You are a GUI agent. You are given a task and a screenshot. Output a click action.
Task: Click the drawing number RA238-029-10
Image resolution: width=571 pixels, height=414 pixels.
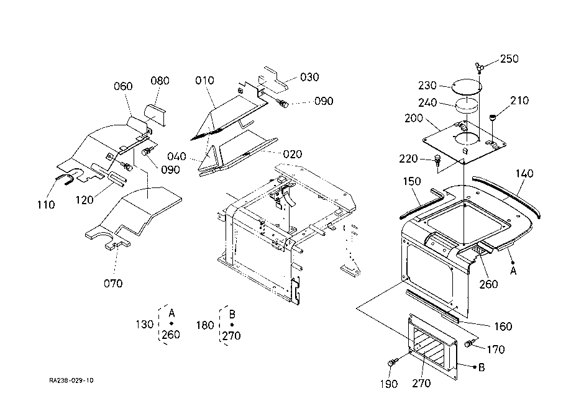point(71,380)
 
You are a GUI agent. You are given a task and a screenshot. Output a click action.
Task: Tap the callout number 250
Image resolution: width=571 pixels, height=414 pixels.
point(509,58)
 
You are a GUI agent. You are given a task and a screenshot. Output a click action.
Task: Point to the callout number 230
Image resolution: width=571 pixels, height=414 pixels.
point(427,86)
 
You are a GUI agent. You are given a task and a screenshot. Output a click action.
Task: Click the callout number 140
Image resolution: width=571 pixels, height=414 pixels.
point(524,174)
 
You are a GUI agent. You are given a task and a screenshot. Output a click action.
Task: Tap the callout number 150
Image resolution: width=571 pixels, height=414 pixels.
point(412,181)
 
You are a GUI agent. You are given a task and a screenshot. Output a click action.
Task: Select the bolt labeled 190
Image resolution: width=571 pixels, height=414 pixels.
point(393,362)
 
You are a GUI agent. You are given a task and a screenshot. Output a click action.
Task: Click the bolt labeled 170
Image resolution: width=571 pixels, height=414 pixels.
point(469,343)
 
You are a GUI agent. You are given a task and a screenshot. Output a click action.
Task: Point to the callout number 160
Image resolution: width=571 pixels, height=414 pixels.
point(503,326)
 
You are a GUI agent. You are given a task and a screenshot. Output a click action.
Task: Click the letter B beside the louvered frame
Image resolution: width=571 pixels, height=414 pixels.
point(482,367)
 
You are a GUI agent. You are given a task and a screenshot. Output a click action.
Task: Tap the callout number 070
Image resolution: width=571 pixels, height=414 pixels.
point(113,284)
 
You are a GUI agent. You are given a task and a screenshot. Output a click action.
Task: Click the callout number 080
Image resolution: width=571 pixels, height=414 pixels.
point(160,81)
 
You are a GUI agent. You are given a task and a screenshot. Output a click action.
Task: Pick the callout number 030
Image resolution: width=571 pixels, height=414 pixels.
point(309,77)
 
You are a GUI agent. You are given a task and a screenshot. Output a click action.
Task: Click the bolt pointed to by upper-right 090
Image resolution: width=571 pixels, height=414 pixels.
point(282,103)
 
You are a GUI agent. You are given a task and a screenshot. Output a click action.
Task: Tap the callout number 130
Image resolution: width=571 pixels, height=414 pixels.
point(145,324)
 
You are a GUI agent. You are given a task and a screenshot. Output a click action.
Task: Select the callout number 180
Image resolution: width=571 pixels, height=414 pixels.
point(205,325)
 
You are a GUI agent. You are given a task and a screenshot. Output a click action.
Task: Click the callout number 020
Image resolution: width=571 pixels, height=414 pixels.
point(293,155)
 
